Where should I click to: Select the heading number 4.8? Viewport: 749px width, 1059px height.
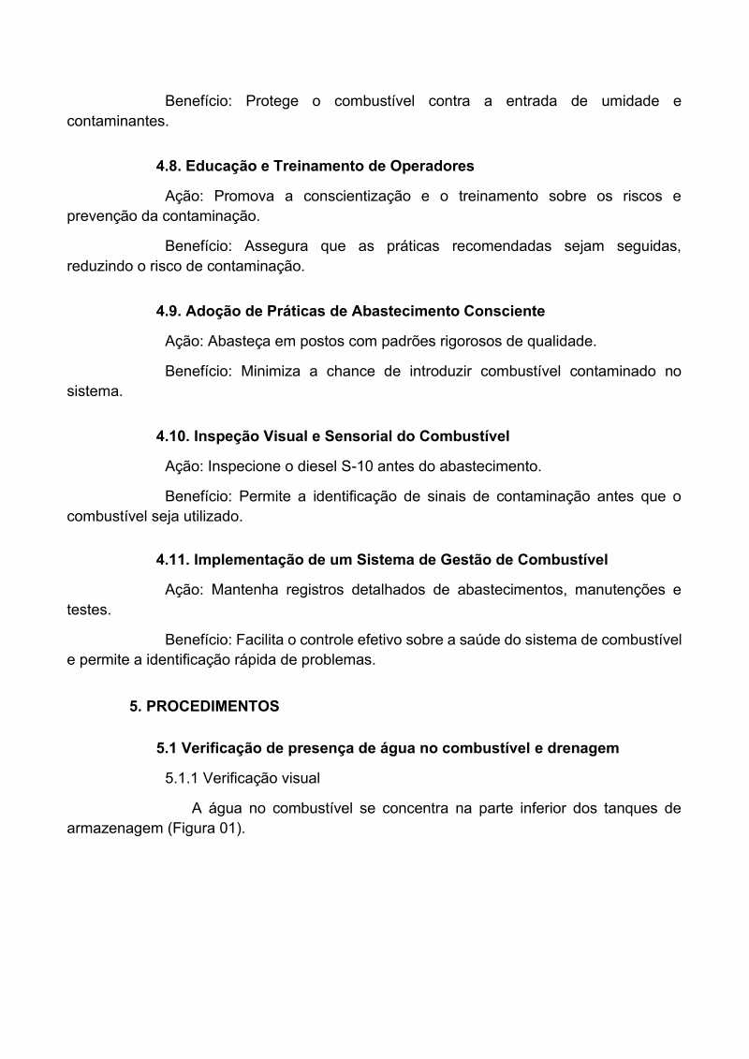[x=169, y=166]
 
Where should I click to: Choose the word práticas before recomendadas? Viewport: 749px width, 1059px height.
[x=413, y=246]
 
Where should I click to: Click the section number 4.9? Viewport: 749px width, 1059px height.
[x=169, y=310]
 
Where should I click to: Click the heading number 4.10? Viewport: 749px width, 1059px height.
[x=173, y=435]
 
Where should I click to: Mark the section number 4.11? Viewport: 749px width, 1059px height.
[x=172, y=560]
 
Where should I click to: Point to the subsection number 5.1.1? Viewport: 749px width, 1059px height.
[x=182, y=777]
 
